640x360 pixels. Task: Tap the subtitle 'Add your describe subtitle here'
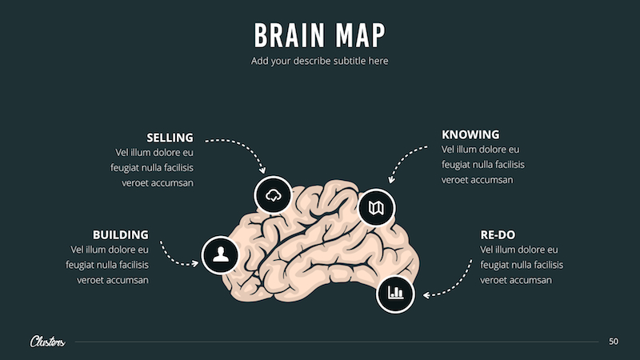pos(320,61)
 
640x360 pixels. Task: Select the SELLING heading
pos(170,137)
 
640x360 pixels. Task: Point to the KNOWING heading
pos(470,134)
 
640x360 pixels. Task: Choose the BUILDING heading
pos(120,234)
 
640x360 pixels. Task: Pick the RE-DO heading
pos(498,234)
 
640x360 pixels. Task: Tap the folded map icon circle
pos(376,208)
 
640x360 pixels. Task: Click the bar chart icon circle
pos(395,293)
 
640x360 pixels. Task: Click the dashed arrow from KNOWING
pos(408,160)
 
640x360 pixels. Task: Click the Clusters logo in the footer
pos(47,342)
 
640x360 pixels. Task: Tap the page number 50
pos(614,342)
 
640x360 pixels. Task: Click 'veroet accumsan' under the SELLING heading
pos(158,182)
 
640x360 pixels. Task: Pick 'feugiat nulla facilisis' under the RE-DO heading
pos(521,265)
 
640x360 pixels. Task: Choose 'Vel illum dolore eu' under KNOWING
pos(480,150)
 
